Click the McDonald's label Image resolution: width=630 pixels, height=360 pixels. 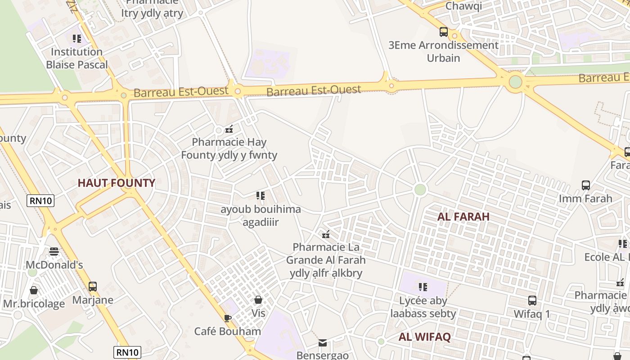coord(54,265)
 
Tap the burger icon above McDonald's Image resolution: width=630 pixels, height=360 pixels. coord(54,252)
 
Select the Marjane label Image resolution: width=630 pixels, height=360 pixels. coord(93,300)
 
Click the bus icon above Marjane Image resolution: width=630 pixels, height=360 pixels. coord(93,287)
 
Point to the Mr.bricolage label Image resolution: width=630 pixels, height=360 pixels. coord(34,304)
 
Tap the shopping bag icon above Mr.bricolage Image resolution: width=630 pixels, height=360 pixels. coord(34,290)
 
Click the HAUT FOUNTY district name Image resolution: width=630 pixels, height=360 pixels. coord(116,183)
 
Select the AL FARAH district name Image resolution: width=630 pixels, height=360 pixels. coord(463,216)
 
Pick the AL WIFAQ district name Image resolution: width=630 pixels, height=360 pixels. coord(424,337)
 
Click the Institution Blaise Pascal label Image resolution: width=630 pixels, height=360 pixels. coord(77,58)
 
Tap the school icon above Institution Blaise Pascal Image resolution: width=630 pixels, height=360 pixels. coord(77,39)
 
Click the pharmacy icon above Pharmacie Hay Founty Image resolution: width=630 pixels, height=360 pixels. coord(229,130)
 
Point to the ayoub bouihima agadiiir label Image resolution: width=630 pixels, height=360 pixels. coord(261,216)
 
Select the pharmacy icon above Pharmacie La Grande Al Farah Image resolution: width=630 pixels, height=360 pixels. coord(326,234)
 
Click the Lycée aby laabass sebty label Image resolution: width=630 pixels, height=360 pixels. coord(423,307)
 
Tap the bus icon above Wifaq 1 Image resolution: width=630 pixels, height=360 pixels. coord(532,301)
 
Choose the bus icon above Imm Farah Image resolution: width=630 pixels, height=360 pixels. coord(585,185)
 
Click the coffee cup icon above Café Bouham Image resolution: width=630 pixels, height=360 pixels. coord(228,319)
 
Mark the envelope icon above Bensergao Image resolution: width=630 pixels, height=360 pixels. coord(323,343)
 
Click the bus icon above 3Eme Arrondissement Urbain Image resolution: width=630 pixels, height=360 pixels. coord(443,32)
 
